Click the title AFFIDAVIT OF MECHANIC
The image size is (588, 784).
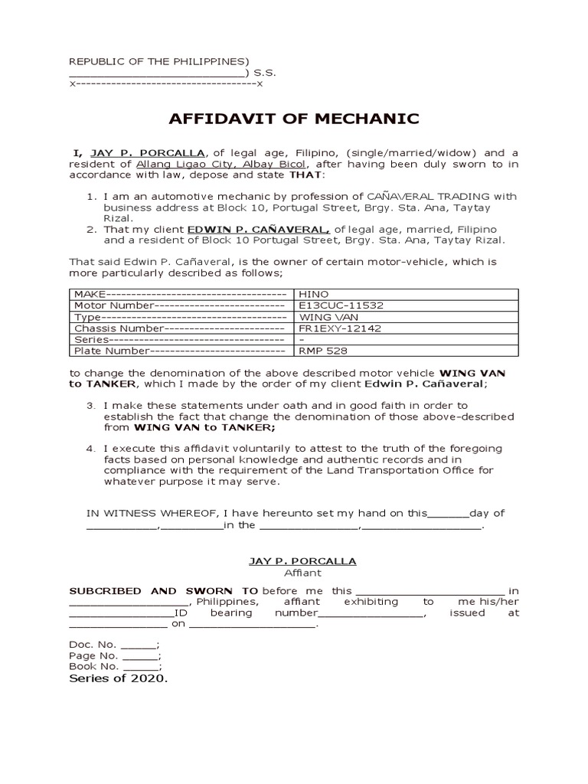294,119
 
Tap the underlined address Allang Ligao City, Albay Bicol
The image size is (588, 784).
221,164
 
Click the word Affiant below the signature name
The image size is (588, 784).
303,573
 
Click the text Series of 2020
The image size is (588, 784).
118,679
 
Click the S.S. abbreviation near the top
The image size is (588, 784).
266,72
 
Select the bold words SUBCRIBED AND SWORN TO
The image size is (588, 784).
164,591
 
